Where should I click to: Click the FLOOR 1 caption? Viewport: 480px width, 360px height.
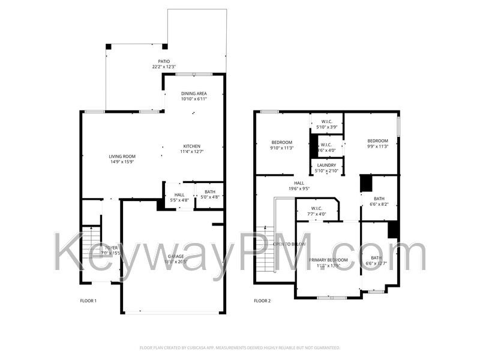(88, 301)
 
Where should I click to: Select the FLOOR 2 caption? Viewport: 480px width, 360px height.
(262, 301)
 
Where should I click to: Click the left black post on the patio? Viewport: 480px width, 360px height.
(109, 46)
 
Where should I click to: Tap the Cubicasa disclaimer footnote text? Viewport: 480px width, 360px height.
(240, 347)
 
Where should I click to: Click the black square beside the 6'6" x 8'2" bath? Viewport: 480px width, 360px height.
(366, 184)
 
